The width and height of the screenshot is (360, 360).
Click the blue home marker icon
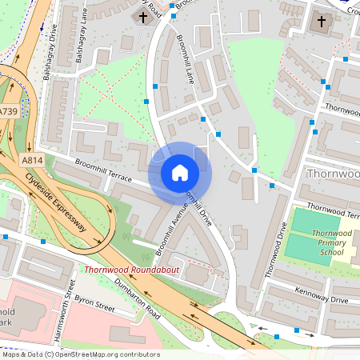180,173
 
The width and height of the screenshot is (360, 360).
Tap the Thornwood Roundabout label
132,271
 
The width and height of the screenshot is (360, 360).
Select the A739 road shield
9,112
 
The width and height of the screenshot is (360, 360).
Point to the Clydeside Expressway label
55,205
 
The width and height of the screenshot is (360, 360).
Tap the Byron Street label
95,305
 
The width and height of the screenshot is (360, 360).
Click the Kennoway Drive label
321,295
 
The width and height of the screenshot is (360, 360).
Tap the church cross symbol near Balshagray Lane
143,18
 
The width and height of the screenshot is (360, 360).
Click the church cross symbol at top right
322,22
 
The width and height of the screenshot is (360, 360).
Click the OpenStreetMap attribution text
80,354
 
